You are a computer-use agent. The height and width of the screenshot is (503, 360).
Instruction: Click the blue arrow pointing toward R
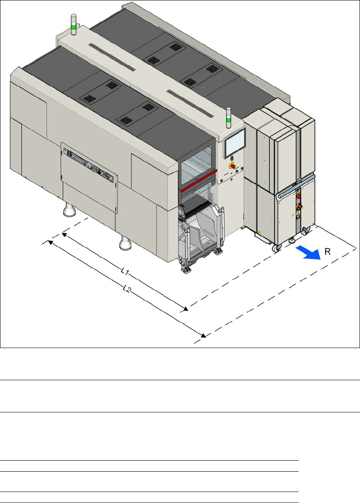coord(307,252)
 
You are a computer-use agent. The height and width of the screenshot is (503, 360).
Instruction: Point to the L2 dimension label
coord(126,290)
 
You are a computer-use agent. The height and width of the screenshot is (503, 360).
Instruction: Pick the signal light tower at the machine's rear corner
coord(73,25)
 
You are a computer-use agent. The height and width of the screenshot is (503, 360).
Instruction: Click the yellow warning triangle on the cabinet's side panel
coord(258,233)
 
